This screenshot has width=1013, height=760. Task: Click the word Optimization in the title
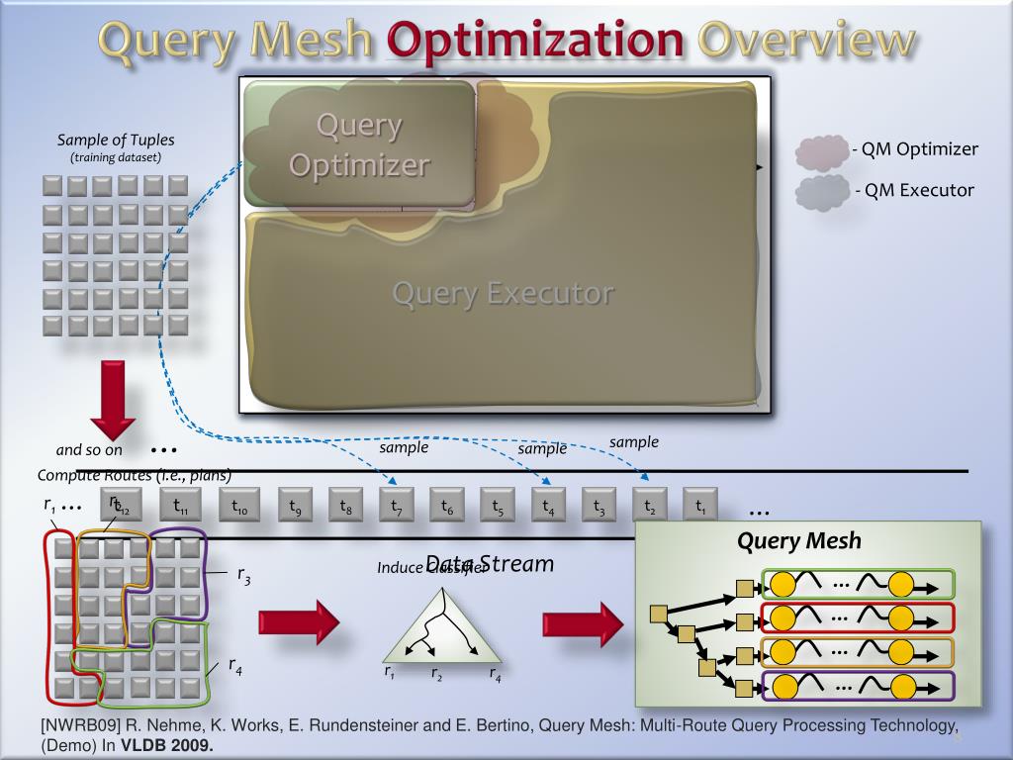(535, 41)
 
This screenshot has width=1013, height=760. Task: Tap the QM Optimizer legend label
(915, 149)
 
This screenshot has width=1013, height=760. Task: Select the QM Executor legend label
(915, 190)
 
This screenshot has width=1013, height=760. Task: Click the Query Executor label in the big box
(503, 294)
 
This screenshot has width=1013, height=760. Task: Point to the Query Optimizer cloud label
(359, 144)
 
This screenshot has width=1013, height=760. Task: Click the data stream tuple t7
(397, 507)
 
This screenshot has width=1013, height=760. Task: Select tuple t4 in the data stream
(548, 507)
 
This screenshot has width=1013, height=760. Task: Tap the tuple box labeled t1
(700, 507)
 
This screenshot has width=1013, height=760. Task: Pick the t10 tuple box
(239, 507)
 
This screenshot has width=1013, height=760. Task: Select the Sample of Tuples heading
(116, 140)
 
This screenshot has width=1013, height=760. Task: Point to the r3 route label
(243, 575)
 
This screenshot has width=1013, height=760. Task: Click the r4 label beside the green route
(235, 667)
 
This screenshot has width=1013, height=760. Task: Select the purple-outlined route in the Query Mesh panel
(857, 686)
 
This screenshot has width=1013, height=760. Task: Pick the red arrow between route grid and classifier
(298, 622)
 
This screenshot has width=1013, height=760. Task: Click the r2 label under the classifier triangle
(436, 674)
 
